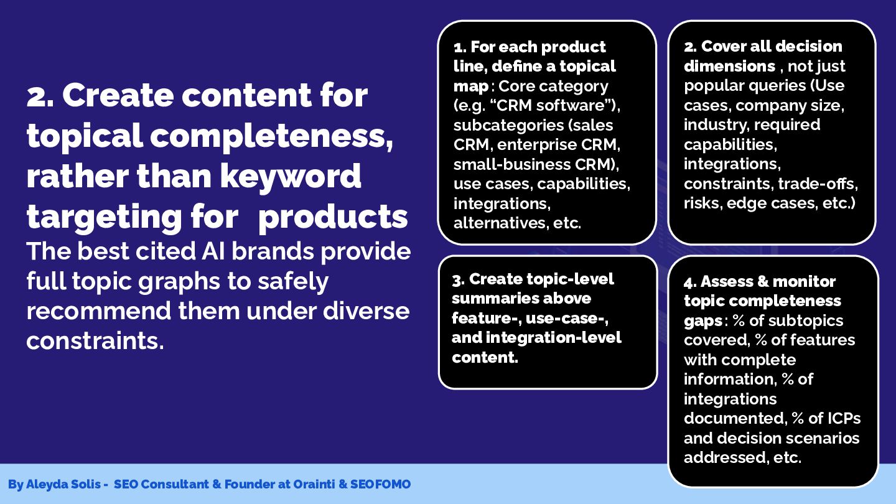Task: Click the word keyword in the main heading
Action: click(x=291, y=177)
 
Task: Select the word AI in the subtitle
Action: click(x=213, y=251)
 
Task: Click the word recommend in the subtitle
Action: click(x=99, y=311)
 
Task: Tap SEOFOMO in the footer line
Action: click(x=380, y=484)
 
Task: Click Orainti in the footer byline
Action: click(x=314, y=484)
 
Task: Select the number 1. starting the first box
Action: click(x=460, y=47)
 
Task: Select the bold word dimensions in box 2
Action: click(x=730, y=67)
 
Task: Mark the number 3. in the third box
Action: click(x=459, y=280)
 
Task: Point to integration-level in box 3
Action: click(x=554, y=338)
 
